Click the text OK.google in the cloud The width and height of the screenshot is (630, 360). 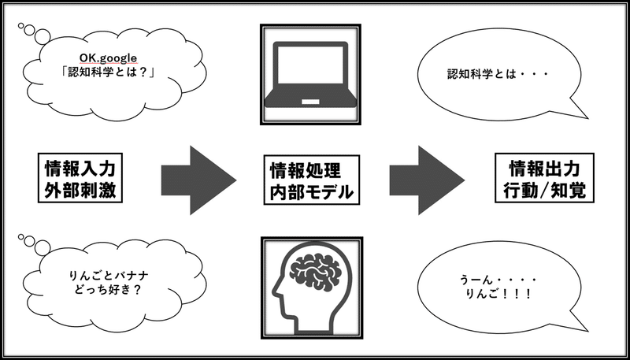(x=109, y=58)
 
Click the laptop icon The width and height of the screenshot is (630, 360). (x=310, y=74)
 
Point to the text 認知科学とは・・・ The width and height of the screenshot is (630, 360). (x=498, y=74)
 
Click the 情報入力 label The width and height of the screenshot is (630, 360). (x=80, y=169)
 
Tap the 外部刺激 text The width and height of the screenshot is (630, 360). (x=80, y=190)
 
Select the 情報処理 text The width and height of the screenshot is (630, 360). (x=306, y=171)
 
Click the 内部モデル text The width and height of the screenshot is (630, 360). (x=311, y=192)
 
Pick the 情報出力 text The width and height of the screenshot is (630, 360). (x=544, y=169)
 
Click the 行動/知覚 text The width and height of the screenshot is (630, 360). (x=544, y=191)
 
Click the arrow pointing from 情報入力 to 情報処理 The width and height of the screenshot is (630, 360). (x=199, y=180)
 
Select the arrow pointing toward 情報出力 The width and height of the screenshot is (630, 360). (x=427, y=180)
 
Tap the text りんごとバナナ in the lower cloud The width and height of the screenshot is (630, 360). (x=109, y=276)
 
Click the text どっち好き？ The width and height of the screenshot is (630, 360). (x=109, y=290)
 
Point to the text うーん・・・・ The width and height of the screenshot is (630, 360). (x=499, y=280)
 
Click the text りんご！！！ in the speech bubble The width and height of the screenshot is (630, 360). (x=499, y=294)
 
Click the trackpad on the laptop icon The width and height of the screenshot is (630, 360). (x=310, y=102)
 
